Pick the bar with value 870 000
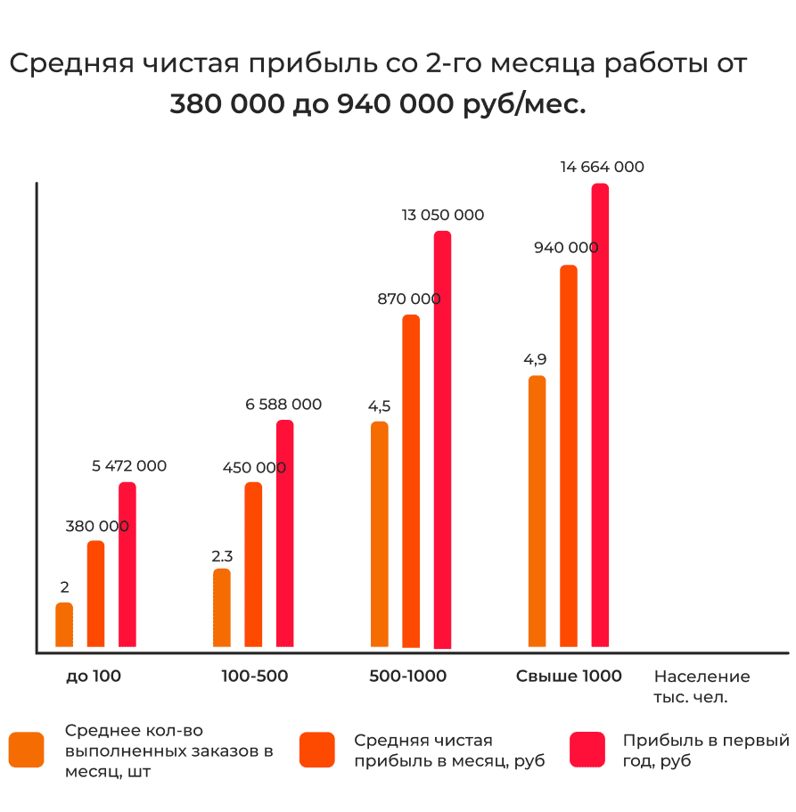click(411, 481)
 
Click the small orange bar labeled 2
click(64, 625)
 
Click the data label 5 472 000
click(129, 465)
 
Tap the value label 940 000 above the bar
click(566, 248)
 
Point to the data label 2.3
click(222, 555)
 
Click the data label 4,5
click(379, 406)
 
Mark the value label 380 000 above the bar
click(96, 526)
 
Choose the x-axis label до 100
click(94, 677)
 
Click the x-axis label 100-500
click(254, 677)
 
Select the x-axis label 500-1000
click(407, 677)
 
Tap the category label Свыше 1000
click(569, 677)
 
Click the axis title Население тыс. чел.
click(702, 686)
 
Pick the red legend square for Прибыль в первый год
click(587, 750)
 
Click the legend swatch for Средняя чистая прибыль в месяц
click(317, 750)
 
